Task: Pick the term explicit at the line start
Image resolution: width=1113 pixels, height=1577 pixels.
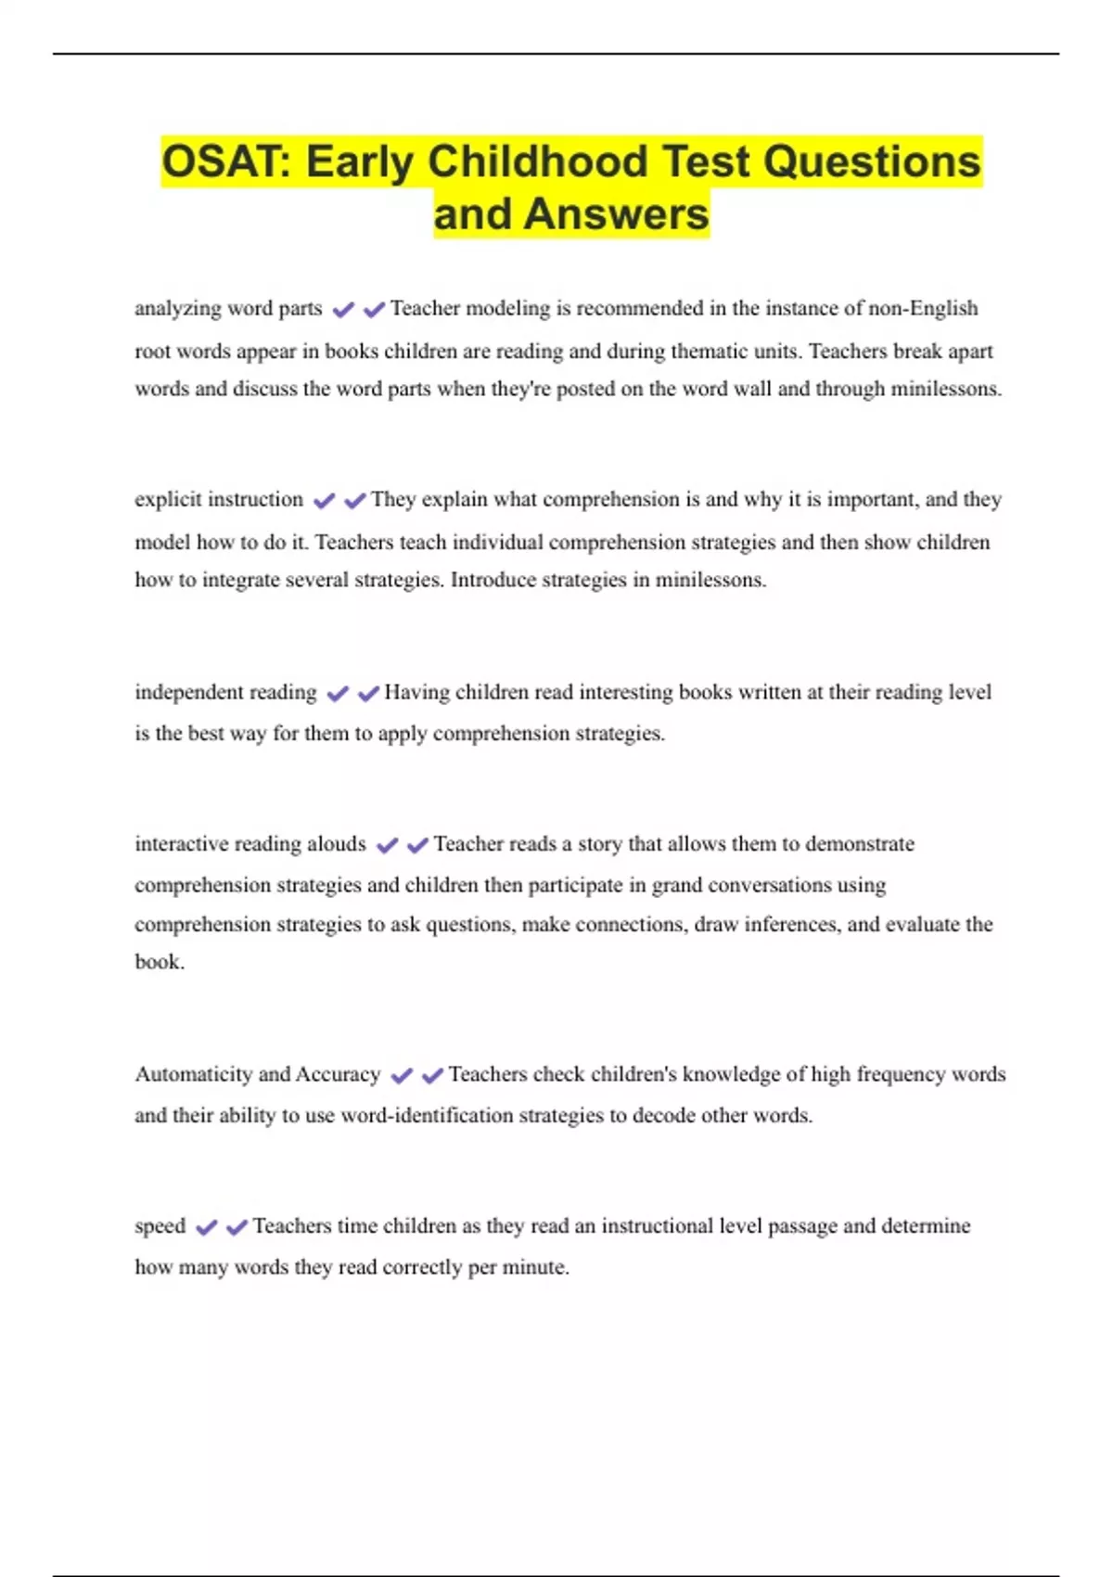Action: tap(168, 499)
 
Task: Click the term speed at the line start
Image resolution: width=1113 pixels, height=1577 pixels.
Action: tap(160, 1226)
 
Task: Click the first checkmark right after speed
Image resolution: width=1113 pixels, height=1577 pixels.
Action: tap(206, 1227)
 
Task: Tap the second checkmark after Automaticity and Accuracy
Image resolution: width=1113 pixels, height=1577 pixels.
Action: tap(432, 1075)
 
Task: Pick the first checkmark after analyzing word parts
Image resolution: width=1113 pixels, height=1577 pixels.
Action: tap(343, 310)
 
